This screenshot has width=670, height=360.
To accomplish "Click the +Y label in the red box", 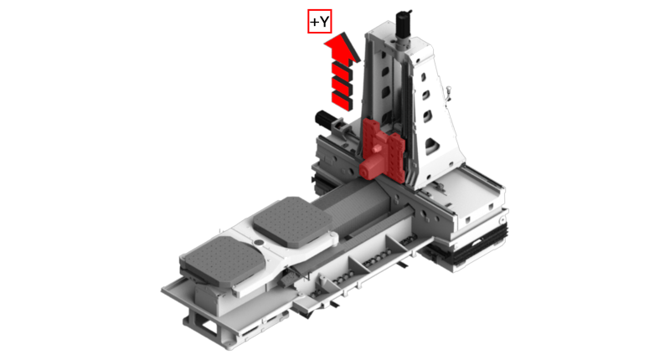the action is (x=320, y=22).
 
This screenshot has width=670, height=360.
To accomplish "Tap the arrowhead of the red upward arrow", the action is (x=342, y=47).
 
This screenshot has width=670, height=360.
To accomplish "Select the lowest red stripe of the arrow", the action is (x=343, y=100).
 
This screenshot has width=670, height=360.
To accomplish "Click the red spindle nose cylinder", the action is (x=370, y=167).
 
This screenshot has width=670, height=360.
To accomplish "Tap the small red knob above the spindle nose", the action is (x=376, y=148).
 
